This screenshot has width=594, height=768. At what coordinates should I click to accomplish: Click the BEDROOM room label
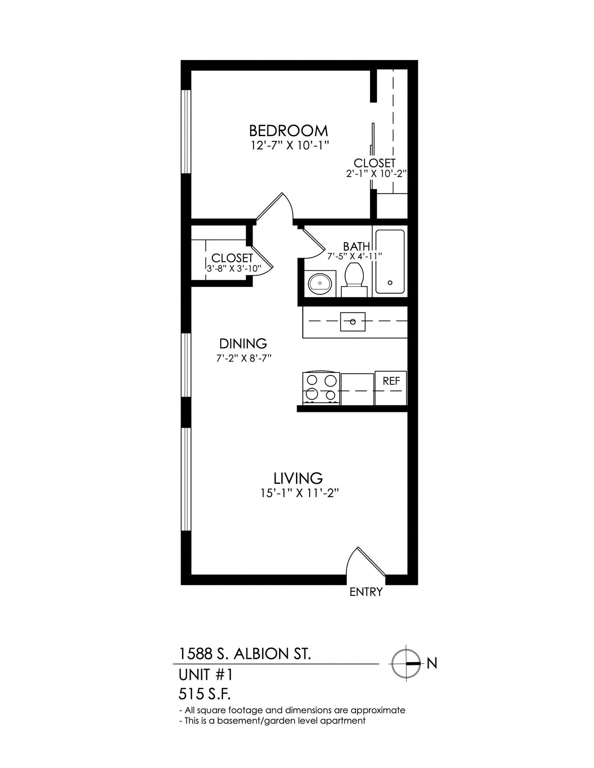288,131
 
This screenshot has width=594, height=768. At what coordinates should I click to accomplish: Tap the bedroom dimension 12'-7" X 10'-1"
290,145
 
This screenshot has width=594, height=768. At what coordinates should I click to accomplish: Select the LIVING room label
298,478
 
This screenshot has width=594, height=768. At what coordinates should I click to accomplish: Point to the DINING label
243,343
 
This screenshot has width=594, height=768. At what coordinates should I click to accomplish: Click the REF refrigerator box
391,381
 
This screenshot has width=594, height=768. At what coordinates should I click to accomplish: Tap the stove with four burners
321,388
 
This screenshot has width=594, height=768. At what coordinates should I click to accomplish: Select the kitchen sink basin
352,322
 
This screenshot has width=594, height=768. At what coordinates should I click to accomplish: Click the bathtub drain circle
390,283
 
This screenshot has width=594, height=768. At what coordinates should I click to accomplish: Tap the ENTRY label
366,592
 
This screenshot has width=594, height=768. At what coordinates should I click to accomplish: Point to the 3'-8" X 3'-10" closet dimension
234,268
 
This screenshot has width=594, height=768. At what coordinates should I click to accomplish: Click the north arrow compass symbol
406,663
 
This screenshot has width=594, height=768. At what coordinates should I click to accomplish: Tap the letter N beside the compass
432,663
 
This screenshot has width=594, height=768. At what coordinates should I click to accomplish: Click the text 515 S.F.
204,694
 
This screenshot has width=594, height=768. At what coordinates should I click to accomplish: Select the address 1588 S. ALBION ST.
245,654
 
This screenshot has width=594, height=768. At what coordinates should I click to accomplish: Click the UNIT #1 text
206,675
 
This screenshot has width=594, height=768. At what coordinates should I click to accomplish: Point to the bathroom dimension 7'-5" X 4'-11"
354,256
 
